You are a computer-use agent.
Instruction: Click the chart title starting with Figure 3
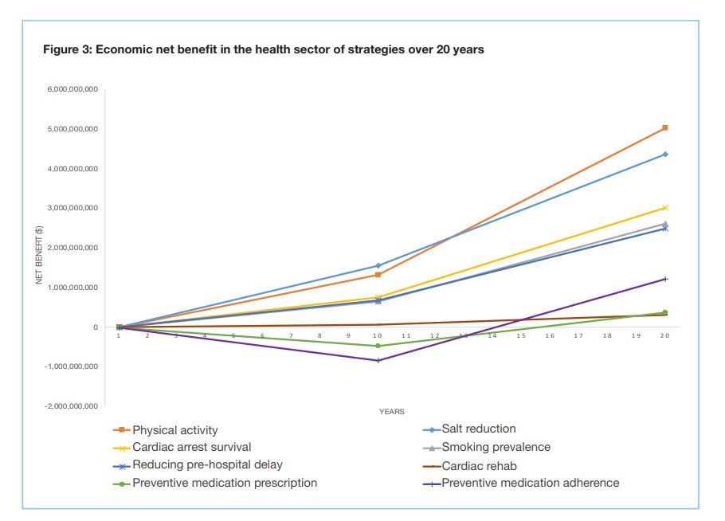click(263, 49)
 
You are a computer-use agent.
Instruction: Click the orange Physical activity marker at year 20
click(664, 127)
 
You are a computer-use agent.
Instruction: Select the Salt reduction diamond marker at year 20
click(664, 154)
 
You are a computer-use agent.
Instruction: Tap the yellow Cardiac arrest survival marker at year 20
click(664, 208)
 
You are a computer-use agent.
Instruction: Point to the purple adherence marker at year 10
click(378, 360)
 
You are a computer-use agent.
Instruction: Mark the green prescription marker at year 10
click(378, 346)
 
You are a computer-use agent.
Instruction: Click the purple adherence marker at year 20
click(664, 279)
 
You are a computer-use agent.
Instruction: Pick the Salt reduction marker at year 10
click(378, 265)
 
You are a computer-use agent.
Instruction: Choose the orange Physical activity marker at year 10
click(378, 275)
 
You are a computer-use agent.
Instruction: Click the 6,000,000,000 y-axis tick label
click(72, 89)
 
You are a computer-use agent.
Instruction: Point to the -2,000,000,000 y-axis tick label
click(70, 406)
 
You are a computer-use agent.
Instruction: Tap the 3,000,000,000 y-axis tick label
click(72, 208)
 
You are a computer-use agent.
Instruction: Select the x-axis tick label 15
click(521, 336)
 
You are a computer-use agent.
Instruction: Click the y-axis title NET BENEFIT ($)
click(38, 255)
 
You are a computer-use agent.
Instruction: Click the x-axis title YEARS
click(391, 412)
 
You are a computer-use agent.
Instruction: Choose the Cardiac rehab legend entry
click(474, 465)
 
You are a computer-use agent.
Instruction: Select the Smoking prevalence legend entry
click(496, 447)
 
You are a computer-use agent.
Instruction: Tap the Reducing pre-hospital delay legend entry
click(207, 465)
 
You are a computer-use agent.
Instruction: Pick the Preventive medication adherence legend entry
click(530, 483)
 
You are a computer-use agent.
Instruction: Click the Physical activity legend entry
click(174, 430)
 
